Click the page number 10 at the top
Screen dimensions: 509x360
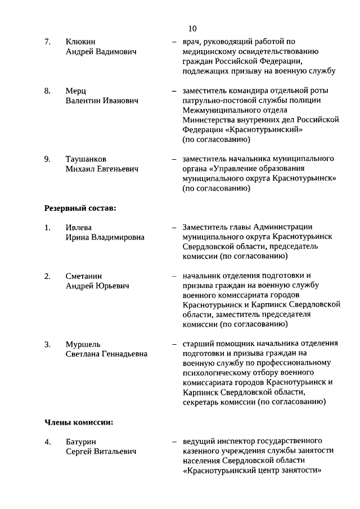coord(192,28)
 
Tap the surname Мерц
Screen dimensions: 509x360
coord(76,91)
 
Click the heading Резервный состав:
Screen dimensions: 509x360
coord(80,208)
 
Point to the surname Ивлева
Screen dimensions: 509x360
coord(78,228)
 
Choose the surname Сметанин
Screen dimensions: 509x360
coord(84,276)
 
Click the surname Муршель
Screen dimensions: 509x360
coord(83,344)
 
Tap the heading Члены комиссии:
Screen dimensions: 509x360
coord(79,421)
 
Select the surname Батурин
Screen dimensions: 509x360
coord(82,442)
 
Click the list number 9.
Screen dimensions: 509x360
coord(48,159)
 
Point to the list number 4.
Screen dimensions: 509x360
coord(48,442)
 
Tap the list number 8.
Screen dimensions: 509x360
coord(48,91)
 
